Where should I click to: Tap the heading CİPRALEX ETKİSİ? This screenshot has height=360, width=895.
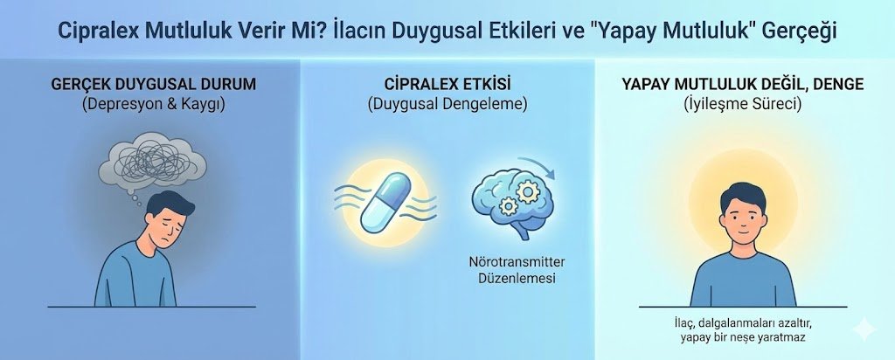point(447,85)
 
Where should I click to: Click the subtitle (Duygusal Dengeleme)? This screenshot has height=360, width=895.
point(447,104)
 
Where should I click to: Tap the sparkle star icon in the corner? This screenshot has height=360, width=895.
point(863,329)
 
